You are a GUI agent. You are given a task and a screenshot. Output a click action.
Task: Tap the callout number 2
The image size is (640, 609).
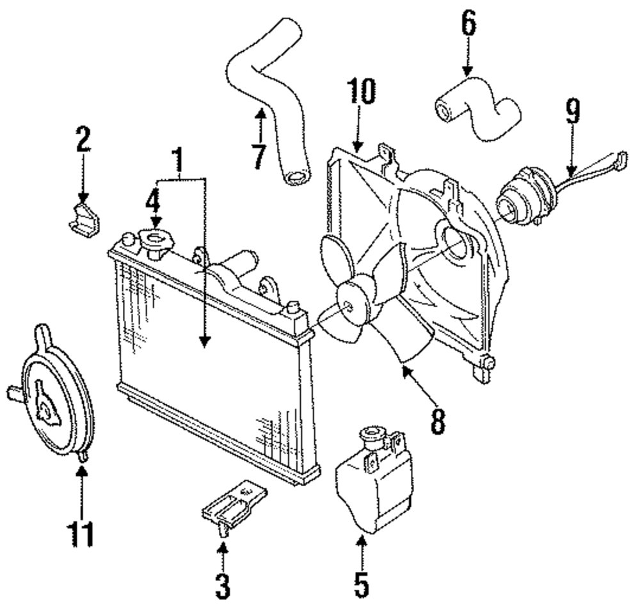(83, 139)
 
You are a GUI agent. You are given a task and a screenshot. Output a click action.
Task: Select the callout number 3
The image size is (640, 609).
(223, 586)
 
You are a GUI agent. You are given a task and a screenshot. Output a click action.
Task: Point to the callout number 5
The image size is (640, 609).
(361, 585)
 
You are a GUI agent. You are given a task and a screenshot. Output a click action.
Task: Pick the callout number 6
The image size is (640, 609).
(468, 23)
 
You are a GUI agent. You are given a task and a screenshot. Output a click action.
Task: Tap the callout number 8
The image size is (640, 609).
(438, 421)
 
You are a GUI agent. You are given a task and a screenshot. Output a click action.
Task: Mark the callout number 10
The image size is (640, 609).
(361, 91)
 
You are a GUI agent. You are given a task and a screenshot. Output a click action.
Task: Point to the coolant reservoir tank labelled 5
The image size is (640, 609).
(374, 479)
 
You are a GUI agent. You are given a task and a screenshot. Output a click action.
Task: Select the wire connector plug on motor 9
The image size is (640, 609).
(622, 158)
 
